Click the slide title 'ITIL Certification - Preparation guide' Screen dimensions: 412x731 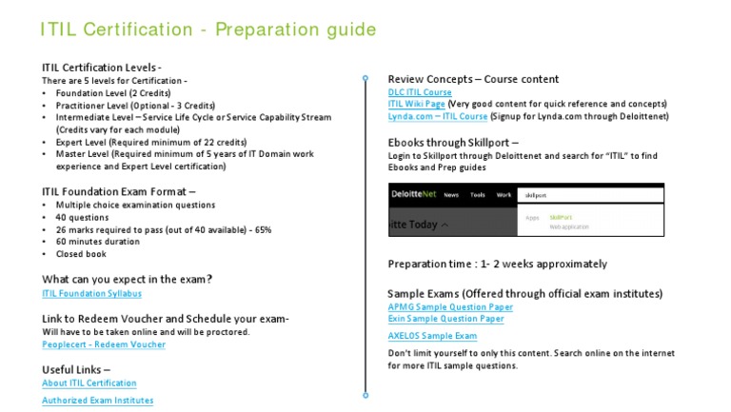tap(208, 29)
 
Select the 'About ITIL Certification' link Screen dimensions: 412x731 tap(89, 383)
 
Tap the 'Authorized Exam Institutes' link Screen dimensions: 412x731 tap(97, 401)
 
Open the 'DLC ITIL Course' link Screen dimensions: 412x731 tap(420, 92)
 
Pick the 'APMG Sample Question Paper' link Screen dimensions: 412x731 tap(450, 307)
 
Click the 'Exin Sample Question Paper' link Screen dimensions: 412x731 tap(446, 319)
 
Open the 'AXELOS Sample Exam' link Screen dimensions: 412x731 tap(432, 336)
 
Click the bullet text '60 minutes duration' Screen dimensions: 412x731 tap(99, 242)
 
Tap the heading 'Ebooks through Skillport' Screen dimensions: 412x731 tap(453, 142)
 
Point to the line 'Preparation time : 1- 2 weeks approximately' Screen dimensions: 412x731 tap(498, 264)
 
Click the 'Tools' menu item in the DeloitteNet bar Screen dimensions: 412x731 tap(478, 195)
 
